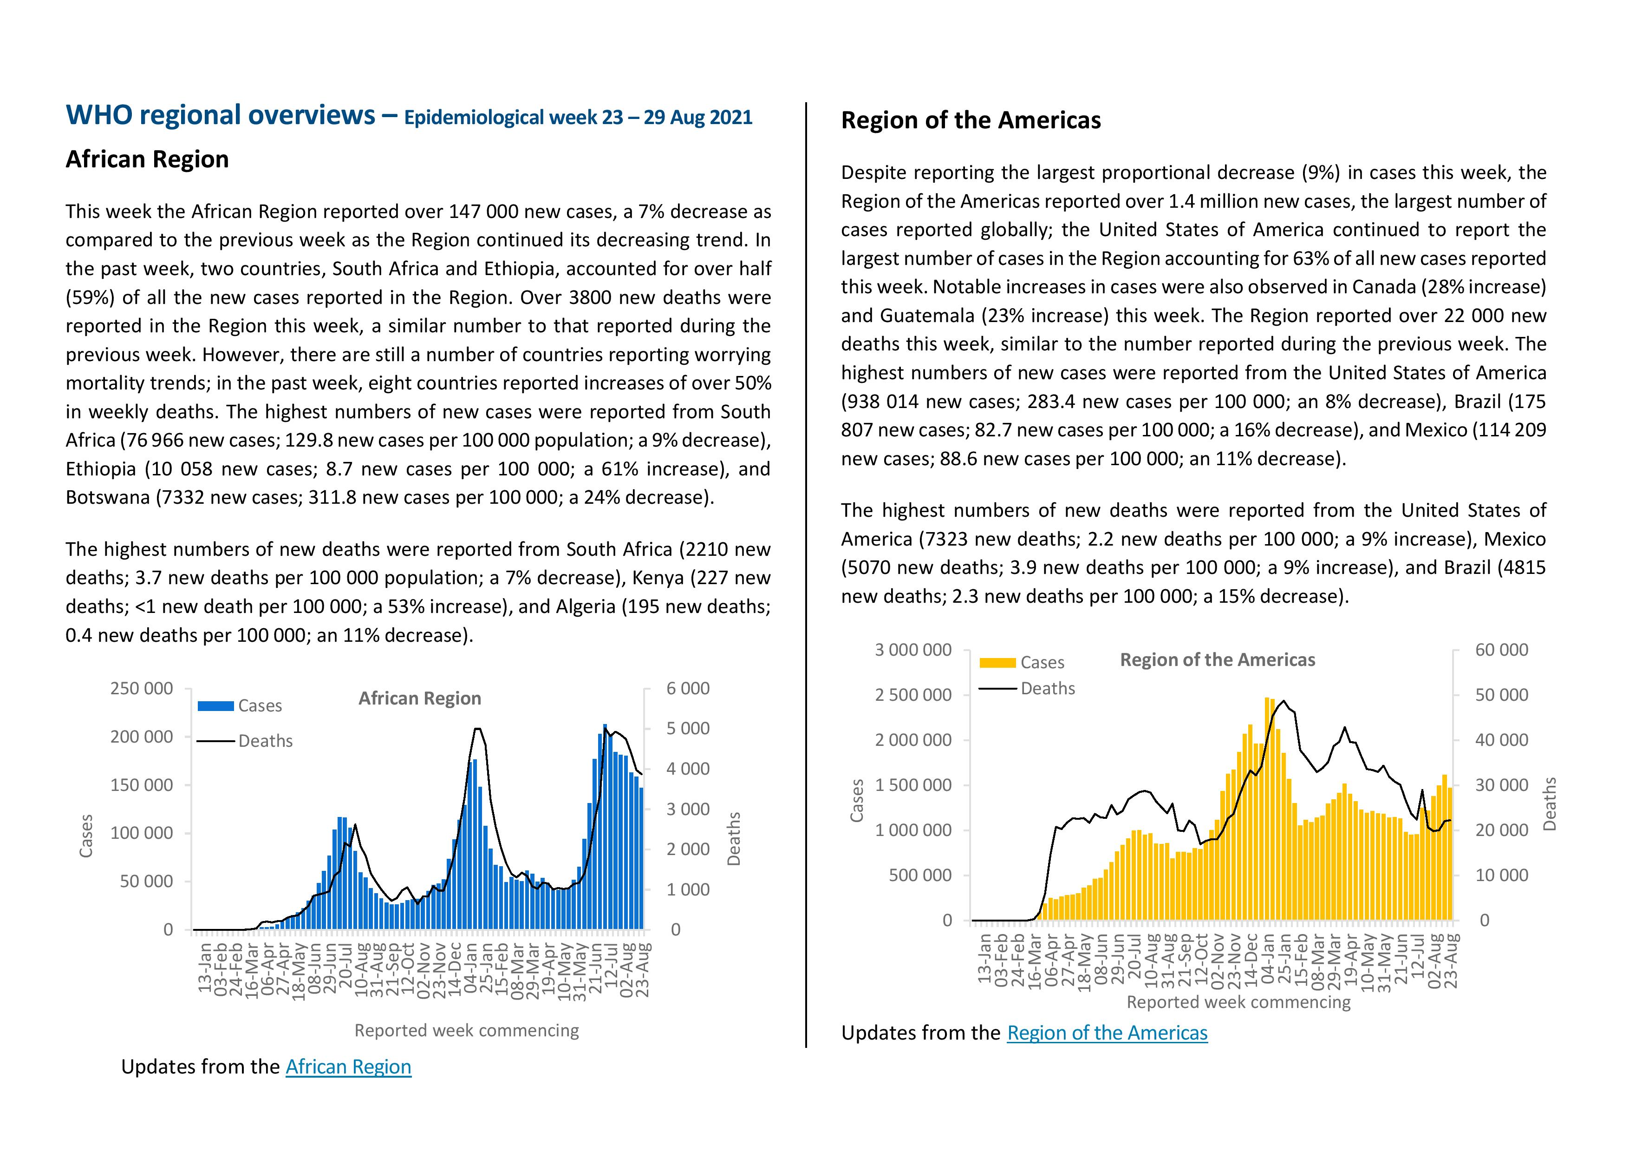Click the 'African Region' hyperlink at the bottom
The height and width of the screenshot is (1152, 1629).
348,1067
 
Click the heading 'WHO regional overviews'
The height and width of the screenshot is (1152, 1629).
221,115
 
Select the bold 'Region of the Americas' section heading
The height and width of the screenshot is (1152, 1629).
971,121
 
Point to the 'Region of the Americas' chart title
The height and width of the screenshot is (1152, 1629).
1218,660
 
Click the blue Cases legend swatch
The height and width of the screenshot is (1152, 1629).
215,705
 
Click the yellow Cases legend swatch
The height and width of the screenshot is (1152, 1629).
997,663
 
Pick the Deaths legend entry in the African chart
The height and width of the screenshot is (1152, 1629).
245,741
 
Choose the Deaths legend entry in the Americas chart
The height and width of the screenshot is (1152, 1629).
1027,689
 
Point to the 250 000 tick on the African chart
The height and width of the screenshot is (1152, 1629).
141,689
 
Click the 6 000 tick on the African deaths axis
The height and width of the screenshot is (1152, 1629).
688,689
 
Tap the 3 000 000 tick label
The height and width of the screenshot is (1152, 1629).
913,650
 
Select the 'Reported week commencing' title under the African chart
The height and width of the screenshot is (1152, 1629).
467,1031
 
